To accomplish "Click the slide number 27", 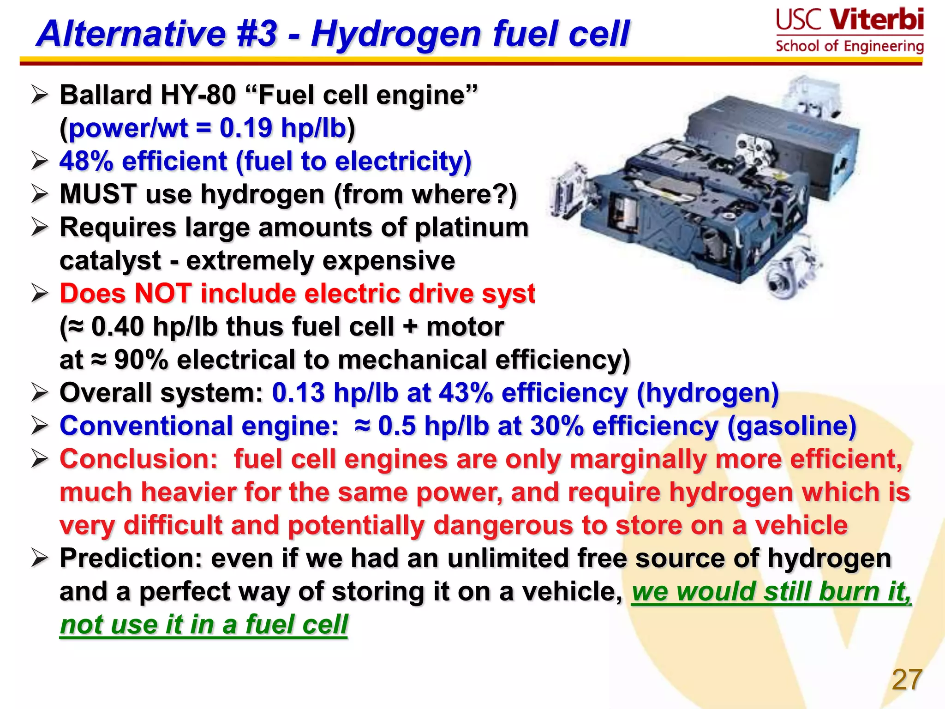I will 907,679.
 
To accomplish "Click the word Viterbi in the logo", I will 877,19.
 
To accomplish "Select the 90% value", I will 141,360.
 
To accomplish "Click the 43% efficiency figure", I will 465,393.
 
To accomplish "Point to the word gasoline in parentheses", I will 792,426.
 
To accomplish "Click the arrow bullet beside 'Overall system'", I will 40,393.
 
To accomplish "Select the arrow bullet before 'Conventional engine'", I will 40,426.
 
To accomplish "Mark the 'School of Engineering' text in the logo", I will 849,46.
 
